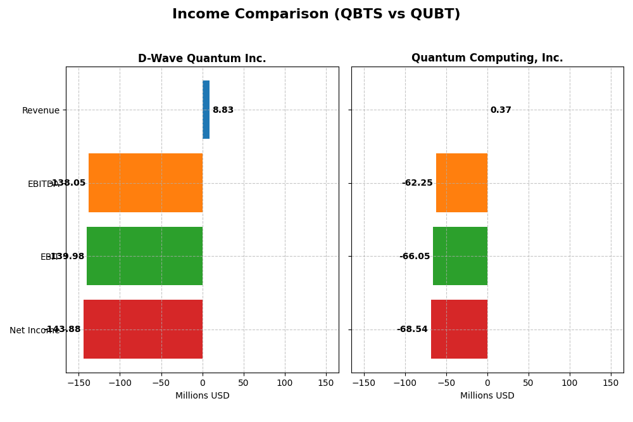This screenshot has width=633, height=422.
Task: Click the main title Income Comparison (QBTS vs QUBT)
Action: pyautogui.click(x=316, y=14)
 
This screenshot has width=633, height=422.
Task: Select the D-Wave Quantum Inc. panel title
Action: pyautogui.click(x=202, y=58)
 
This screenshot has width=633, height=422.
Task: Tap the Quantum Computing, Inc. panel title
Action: pyautogui.click(x=487, y=58)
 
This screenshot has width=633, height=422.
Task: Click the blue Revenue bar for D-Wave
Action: pyautogui.click(x=206, y=110)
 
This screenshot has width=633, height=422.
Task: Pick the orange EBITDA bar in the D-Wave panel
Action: pyautogui.click(x=146, y=182)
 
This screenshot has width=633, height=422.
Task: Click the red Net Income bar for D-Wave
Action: pyautogui.click(x=143, y=329)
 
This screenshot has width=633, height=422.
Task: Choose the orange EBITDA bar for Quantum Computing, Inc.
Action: pyautogui.click(x=461, y=182)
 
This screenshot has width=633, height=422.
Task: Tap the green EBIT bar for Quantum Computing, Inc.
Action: pyautogui.click(x=460, y=256)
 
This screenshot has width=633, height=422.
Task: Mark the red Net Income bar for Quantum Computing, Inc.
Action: pyautogui.click(x=459, y=329)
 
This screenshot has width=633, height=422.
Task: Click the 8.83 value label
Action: pyautogui.click(x=223, y=110)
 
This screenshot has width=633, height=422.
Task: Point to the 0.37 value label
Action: pyautogui.click(x=501, y=110)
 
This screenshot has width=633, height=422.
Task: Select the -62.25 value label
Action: pyautogui.click(x=417, y=183)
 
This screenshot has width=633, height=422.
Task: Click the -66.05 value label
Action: pyautogui.click(x=415, y=257)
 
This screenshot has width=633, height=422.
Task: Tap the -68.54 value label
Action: pyautogui.click(x=412, y=329)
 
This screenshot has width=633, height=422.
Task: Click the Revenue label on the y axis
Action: pyautogui.click(x=41, y=111)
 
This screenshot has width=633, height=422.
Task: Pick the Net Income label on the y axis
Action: pyautogui.click(x=34, y=330)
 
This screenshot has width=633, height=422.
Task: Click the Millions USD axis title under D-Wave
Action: pyautogui.click(x=202, y=396)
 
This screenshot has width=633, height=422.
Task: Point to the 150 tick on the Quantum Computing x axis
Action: pyautogui.click(x=611, y=383)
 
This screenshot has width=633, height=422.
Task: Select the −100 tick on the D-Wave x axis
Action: pyautogui.click(x=120, y=383)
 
